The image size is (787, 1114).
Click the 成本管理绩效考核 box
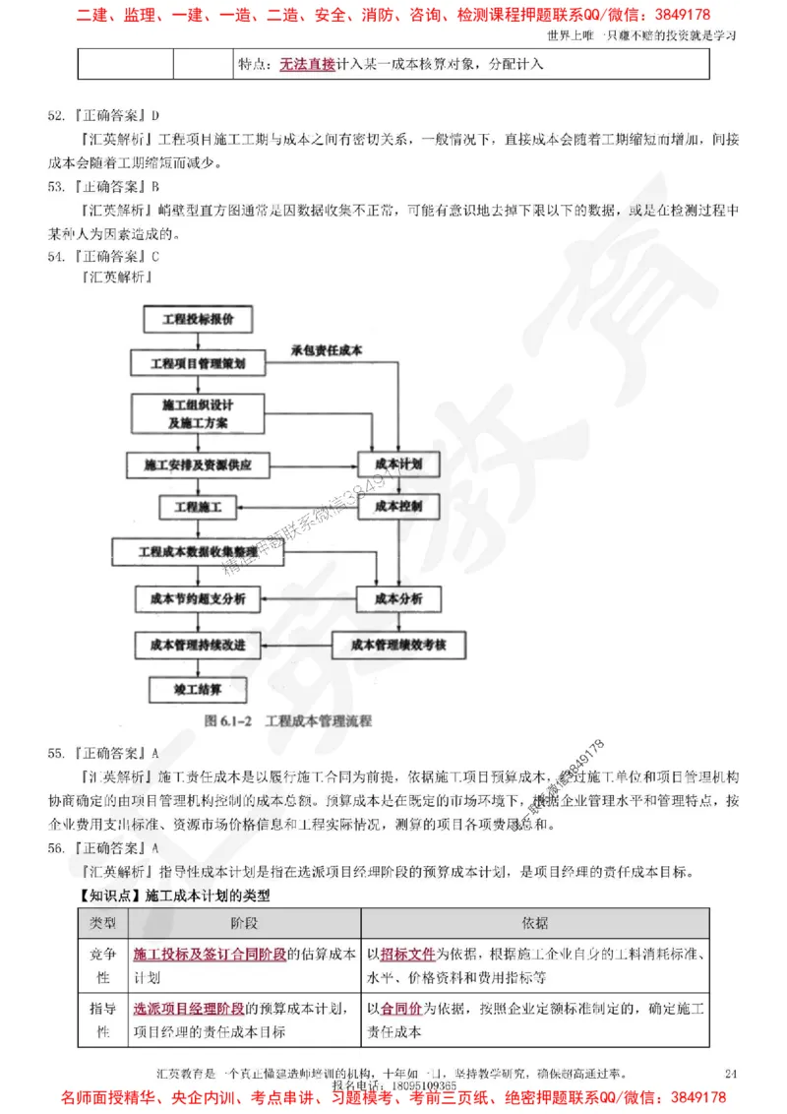click(399, 645)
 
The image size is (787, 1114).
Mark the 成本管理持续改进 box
click(198, 645)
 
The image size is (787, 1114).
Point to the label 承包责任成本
click(326, 349)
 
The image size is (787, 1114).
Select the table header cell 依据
click(535, 923)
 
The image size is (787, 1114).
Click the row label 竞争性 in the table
click(102, 964)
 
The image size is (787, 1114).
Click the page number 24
click(729, 1072)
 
